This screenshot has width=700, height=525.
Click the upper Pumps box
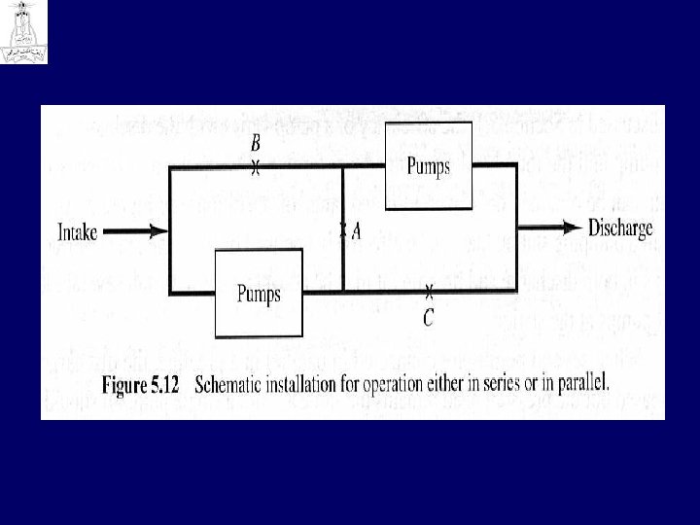tap(428, 166)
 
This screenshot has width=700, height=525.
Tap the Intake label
tap(78, 232)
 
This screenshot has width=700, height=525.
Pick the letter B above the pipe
tap(256, 144)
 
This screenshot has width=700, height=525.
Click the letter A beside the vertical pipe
tap(356, 231)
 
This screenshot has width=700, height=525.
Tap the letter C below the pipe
tap(428, 315)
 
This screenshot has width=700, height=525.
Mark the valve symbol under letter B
tap(256, 168)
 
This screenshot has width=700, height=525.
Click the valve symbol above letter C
tap(428, 291)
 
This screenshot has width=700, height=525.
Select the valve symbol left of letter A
tap(342, 231)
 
